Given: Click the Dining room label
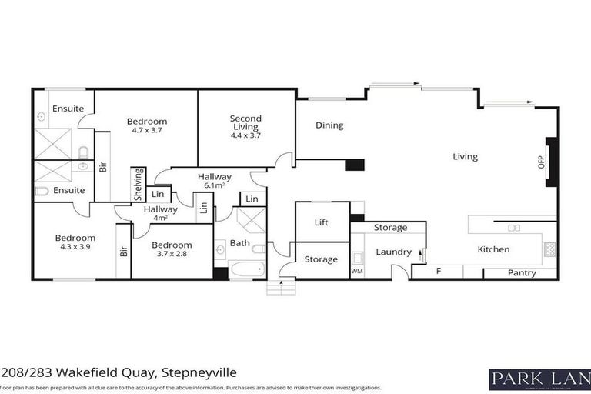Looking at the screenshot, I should (329, 125).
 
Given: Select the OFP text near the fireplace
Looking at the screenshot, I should (541, 162).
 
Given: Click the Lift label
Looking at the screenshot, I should (322, 222).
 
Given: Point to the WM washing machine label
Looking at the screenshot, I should (356, 271).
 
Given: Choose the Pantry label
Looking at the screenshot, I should (521, 273).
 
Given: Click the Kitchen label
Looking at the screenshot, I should (493, 249).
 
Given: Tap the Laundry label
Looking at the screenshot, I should (391, 252).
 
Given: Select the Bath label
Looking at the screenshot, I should (239, 244).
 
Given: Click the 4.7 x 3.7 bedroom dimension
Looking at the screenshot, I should (146, 130).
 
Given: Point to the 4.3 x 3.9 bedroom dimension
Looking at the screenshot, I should (75, 247).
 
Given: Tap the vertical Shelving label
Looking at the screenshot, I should (139, 185).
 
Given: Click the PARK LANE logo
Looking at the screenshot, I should (539, 378).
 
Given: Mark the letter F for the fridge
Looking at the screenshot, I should (438, 272).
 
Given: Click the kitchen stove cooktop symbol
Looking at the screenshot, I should (549, 249).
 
